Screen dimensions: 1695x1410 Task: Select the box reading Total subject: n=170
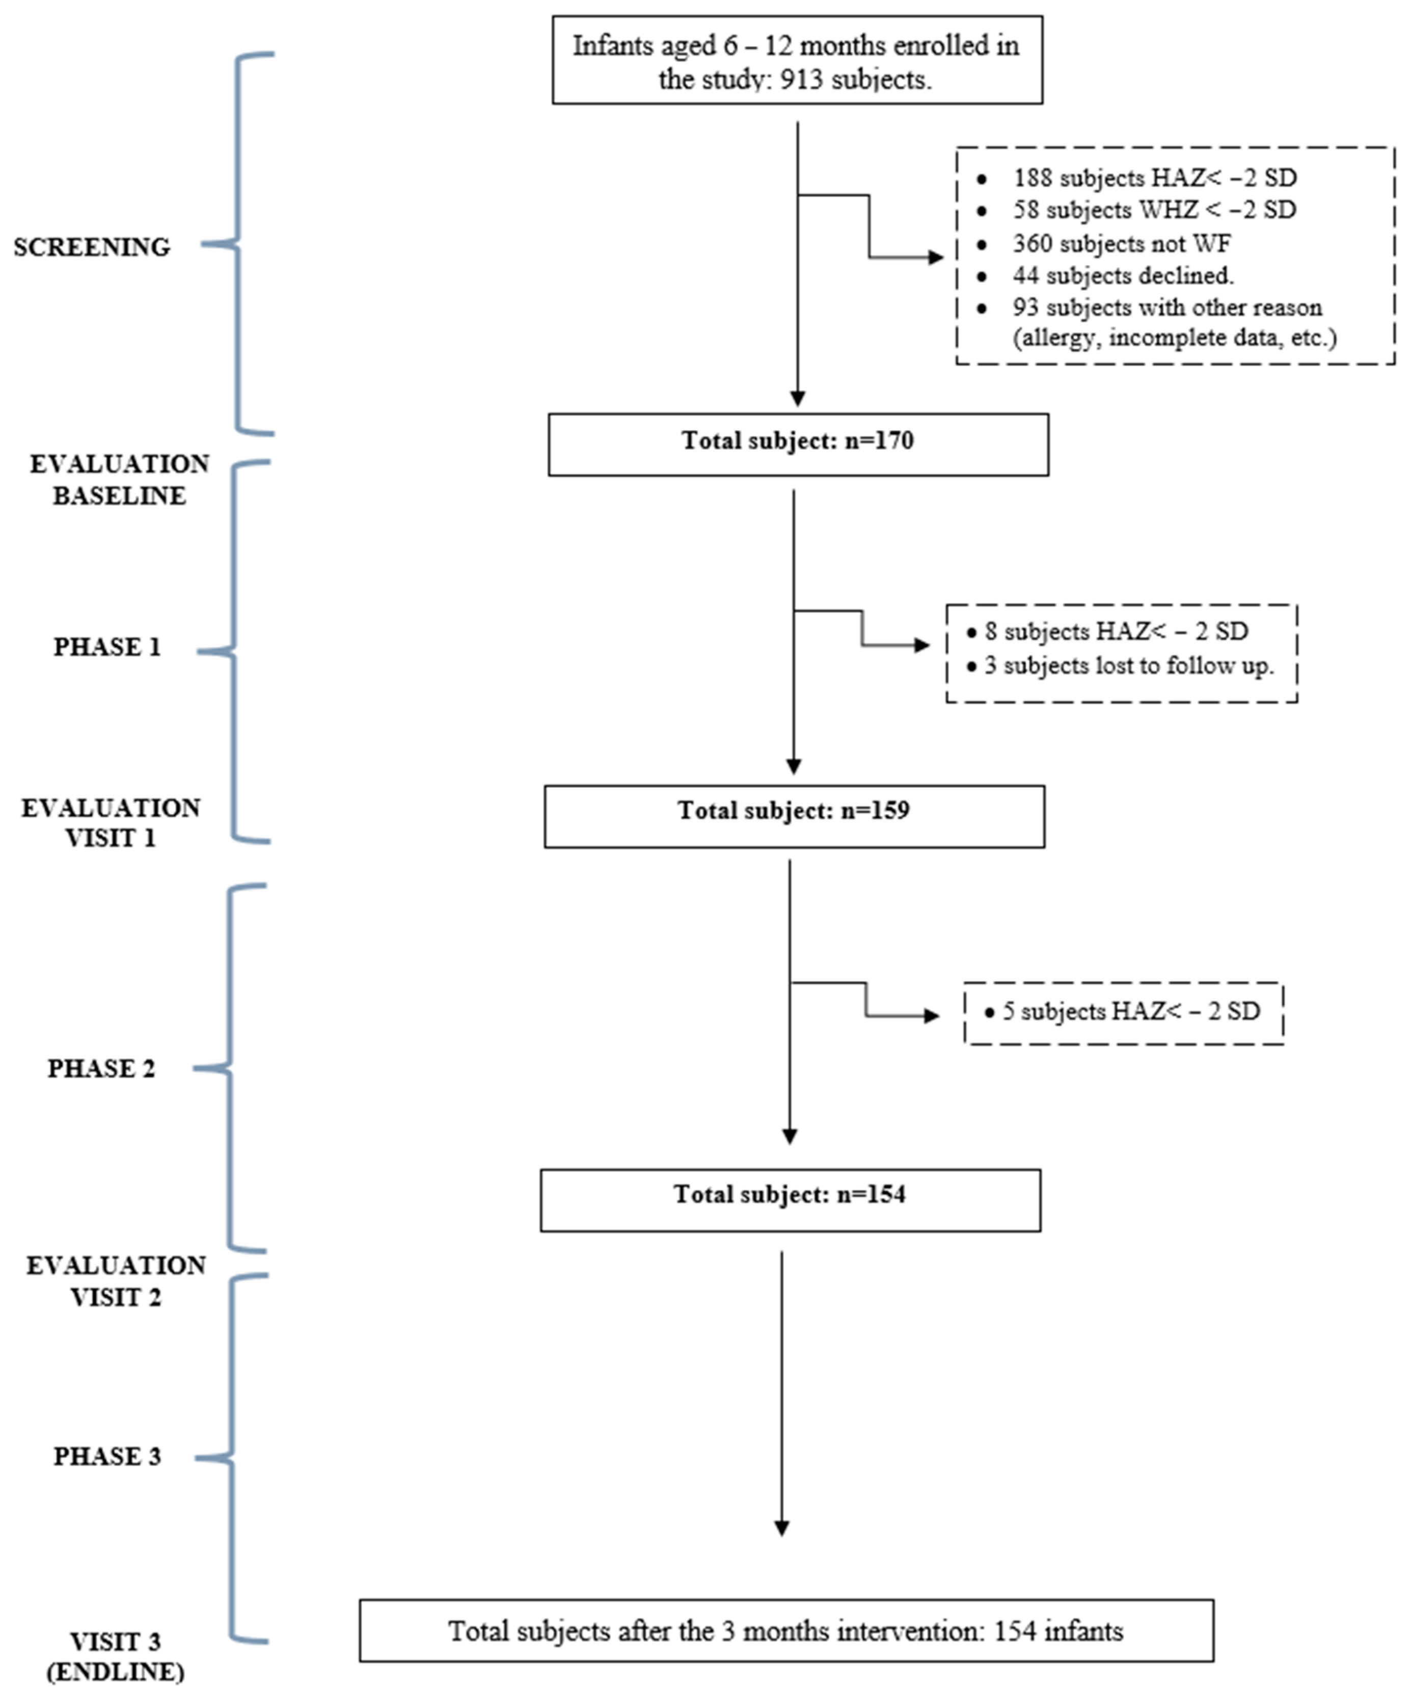(798, 444)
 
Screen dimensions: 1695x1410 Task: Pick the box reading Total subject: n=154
(790, 1200)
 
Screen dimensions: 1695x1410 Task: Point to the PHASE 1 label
(106, 647)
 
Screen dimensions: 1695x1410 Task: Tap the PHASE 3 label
(106, 1456)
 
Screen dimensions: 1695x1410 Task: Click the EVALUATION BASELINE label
(120, 480)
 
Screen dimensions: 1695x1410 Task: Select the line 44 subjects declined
(1123, 275)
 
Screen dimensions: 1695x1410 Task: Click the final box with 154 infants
(786, 1631)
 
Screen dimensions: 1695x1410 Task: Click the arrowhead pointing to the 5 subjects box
(932, 1015)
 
